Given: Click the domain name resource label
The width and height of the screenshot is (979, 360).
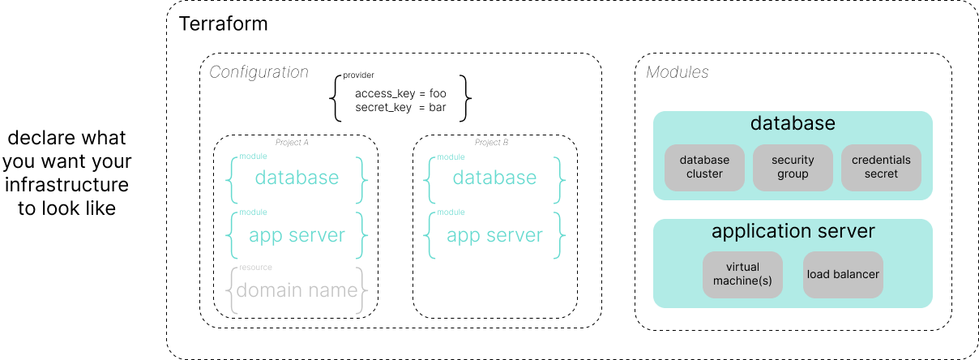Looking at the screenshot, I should (297, 290).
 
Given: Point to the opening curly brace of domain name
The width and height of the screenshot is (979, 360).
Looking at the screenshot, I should (231, 290).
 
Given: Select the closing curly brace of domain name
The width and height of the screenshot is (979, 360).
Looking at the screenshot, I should (363, 290).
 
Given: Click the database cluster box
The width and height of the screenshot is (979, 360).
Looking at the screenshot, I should (704, 167).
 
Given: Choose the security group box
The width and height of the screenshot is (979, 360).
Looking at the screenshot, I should (793, 167).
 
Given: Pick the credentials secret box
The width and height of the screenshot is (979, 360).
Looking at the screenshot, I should (881, 167).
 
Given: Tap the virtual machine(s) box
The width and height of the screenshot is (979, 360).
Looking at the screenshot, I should (742, 274).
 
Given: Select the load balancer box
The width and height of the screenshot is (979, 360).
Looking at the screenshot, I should (843, 274).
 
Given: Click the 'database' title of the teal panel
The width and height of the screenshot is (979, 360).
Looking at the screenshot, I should (793, 123).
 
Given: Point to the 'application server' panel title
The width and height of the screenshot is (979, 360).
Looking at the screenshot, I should (793, 231).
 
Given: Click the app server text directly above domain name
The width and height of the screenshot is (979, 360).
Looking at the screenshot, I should (297, 235).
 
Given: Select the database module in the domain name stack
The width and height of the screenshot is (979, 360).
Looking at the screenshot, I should (297, 178).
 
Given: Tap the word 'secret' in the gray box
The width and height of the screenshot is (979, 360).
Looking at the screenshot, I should (881, 174).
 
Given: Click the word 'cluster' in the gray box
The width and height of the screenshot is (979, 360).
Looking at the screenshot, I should (704, 174).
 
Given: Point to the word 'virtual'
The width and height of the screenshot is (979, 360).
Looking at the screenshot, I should (742, 267).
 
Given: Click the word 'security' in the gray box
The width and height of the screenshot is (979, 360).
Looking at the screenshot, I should (793, 161).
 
